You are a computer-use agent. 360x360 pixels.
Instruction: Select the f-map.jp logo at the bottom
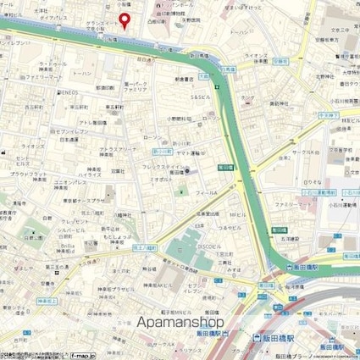80,355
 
